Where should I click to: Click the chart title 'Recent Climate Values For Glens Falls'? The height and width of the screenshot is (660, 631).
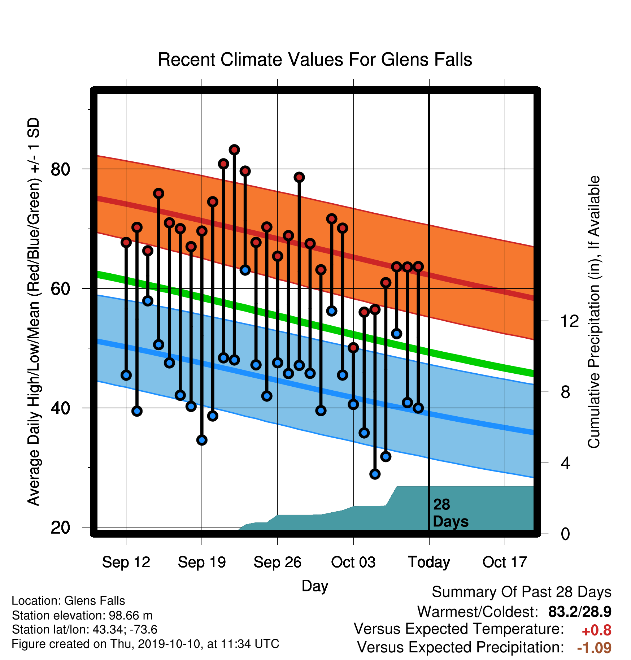315,60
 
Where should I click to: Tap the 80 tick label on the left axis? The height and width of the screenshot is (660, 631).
60,169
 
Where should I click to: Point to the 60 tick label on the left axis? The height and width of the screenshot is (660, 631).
60,288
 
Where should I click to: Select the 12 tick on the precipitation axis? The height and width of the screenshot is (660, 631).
569,321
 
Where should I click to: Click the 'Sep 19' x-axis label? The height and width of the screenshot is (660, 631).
202,562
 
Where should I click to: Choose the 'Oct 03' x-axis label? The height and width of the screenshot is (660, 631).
353,562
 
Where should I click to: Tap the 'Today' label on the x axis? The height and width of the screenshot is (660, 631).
429,562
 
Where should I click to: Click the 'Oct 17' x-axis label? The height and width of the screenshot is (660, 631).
505,562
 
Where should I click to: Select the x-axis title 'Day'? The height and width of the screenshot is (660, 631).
315,586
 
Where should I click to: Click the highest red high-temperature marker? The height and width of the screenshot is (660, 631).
234,149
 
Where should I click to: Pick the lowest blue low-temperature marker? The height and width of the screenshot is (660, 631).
375,474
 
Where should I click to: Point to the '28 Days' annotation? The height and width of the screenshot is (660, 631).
451,513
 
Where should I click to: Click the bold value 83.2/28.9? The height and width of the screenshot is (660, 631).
580,612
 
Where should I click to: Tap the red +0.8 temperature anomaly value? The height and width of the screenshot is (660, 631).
597,630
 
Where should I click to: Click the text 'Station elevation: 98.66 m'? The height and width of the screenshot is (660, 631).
82,615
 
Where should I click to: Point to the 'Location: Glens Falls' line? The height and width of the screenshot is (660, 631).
68,601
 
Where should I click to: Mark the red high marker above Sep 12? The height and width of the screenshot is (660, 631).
126,242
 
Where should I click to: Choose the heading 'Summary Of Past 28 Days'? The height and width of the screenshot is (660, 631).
522,592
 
